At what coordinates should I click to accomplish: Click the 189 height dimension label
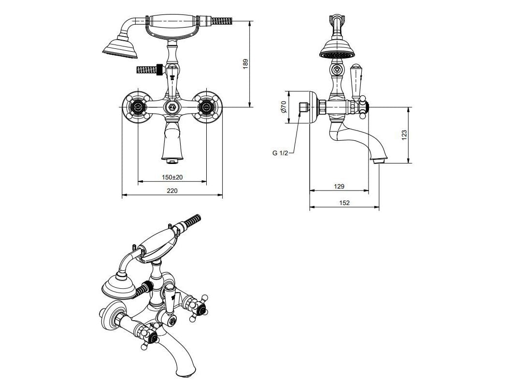tap(245, 63)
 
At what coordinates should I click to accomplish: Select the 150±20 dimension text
tap(172, 177)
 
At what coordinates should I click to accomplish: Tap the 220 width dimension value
tap(172, 191)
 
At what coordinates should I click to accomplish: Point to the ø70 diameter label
tap(284, 106)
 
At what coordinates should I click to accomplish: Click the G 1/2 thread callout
tap(280, 153)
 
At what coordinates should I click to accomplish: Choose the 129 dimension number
tap(339, 186)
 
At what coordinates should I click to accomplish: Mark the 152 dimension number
tap(344, 203)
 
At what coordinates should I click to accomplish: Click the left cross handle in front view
tap(137, 107)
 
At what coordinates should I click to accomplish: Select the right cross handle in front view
tap(206, 107)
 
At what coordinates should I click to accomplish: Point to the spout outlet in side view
tap(379, 159)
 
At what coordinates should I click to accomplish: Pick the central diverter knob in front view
tap(171, 107)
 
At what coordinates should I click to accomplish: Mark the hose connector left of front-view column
tap(150, 70)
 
